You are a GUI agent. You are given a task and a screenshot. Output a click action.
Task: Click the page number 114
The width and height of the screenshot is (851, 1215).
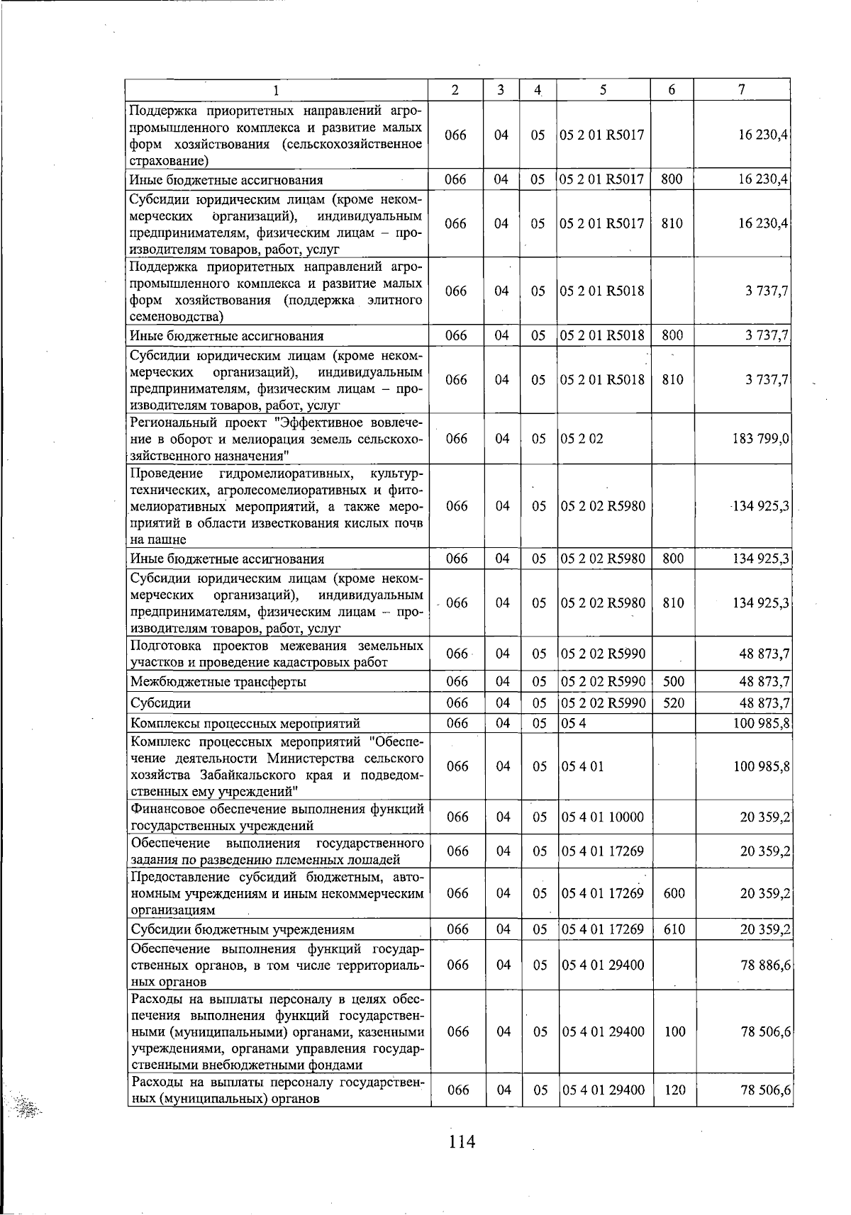(x=461, y=1142)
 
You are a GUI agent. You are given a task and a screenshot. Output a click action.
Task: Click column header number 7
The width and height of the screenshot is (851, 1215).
(x=741, y=90)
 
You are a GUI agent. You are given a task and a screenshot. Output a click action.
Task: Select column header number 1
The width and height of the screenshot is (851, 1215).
(x=277, y=90)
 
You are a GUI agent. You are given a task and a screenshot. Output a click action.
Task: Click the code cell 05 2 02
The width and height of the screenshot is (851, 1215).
(x=582, y=439)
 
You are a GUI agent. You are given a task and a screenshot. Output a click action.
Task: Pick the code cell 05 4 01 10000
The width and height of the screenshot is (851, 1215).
(x=603, y=817)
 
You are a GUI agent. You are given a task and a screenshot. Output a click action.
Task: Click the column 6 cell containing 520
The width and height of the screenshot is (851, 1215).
(x=673, y=703)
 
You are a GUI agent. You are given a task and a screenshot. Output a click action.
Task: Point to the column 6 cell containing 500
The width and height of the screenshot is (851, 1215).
(x=673, y=682)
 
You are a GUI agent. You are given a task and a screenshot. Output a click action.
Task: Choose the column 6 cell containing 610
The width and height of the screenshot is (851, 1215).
(x=674, y=929)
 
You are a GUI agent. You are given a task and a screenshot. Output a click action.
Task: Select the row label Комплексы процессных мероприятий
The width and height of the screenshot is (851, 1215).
(x=245, y=724)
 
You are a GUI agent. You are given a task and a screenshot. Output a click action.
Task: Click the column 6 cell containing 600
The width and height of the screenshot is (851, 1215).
(x=674, y=893)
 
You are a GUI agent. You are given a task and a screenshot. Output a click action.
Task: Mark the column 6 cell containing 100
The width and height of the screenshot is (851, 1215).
(x=674, y=1032)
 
